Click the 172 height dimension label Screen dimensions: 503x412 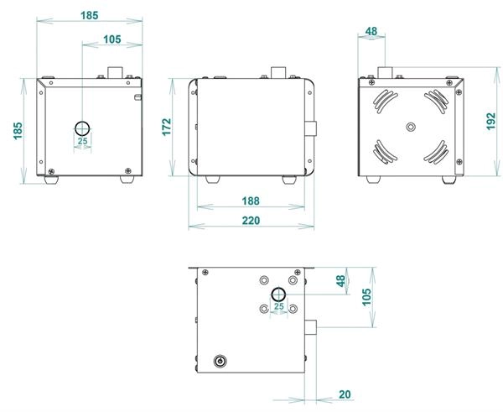167,128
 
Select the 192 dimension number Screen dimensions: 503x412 490,121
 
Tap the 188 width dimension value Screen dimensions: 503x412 251,201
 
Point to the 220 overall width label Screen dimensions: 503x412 251,221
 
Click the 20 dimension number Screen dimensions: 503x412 345,394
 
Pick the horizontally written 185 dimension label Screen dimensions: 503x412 89,15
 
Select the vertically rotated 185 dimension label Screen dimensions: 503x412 18,131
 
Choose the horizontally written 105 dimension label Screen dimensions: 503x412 112,39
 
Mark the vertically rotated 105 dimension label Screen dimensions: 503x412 366,297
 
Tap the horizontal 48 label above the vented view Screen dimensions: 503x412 371,32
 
